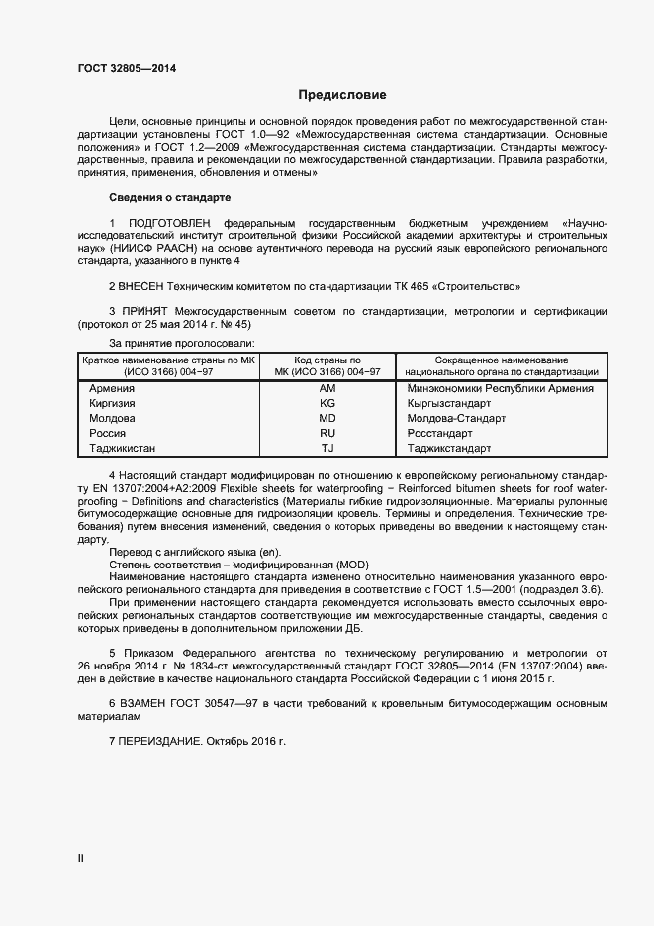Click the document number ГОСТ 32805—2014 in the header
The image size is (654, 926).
[128, 69]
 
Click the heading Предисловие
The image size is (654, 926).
[342, 95]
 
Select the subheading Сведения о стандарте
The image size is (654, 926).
[169, 197]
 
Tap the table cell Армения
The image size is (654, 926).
[112, 388]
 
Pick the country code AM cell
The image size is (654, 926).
[327, 388]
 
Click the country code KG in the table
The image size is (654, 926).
[327, 403]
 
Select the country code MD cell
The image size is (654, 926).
[327, 418]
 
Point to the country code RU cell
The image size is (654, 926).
[327, 433]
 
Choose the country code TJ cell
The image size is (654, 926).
[327, 448]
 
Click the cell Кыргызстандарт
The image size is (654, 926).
[449, 403]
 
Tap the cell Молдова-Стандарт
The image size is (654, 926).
[456, 418]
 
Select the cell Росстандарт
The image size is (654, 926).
[441, 433]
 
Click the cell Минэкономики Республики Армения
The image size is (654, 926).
[500, 388]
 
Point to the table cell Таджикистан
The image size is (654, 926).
[123, 448]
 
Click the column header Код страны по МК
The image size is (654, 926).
[327, 365]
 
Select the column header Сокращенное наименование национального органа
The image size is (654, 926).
[501, 365]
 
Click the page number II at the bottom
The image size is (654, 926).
[81, 859]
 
